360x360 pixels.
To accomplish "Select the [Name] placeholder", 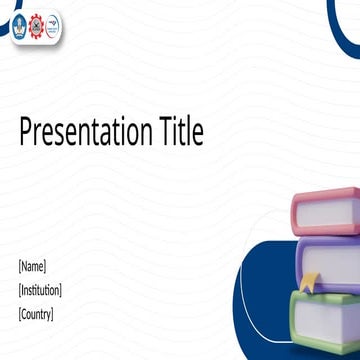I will coord(32,266).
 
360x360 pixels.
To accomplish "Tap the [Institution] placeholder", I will coord(40,290).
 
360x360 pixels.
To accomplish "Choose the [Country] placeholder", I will coord(36,314).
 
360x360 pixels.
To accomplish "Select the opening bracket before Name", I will coord(20,266).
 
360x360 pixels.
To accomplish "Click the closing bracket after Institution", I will coord(60,290).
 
